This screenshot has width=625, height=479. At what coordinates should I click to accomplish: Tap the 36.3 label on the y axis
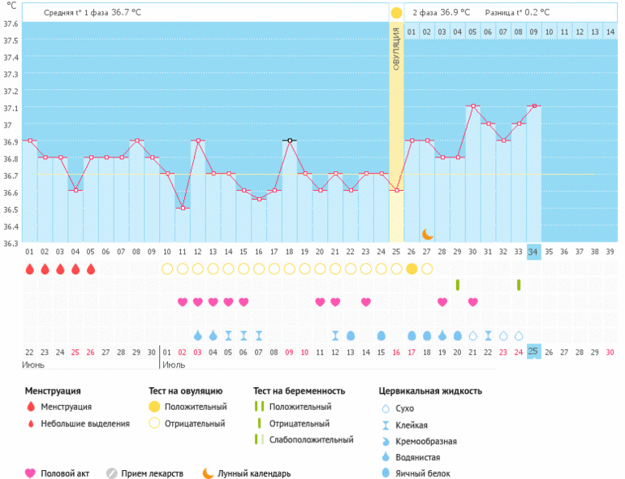11,243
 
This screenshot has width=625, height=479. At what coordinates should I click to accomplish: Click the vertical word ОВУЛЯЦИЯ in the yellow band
396,48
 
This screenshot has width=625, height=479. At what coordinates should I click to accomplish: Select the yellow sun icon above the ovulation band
396,13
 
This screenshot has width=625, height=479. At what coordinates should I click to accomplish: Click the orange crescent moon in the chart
427,234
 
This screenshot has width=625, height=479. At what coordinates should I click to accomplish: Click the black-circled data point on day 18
289,140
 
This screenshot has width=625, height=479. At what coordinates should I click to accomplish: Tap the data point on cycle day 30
472,106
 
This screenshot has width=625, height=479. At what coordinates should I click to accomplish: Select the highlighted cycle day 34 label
533,252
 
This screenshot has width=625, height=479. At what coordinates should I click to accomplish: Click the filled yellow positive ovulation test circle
412,269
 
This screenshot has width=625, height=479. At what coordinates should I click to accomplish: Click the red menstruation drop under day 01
29,269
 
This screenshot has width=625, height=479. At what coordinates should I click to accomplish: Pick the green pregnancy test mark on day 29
458,284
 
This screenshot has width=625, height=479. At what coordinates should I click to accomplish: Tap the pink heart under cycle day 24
366,302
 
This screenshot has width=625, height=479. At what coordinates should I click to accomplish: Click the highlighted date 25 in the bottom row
533,352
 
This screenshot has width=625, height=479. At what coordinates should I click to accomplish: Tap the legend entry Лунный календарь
254,473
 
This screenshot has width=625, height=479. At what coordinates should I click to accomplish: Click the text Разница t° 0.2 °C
517,13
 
